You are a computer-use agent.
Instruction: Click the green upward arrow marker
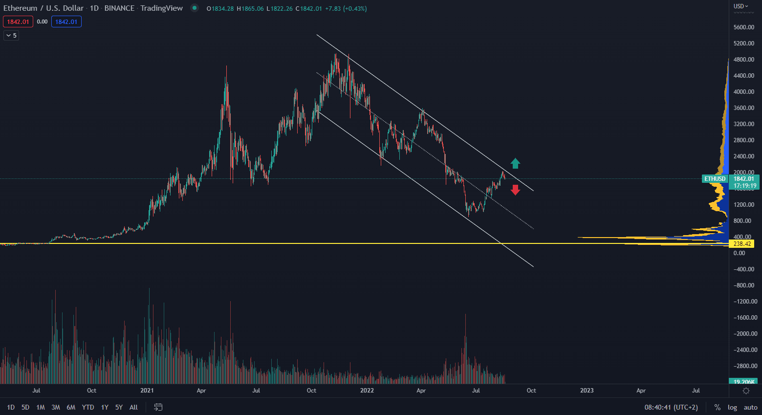[x=515, y=163]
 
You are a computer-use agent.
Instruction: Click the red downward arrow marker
[x=515, y=190]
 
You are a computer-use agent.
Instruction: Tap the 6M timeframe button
[x=71, y=407]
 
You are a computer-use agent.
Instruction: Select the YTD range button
[x=88, y=407]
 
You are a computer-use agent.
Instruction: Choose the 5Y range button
[x=119, y=407]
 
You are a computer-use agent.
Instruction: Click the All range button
[x=133, y=407]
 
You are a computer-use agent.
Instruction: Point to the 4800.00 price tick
[x=743, y=60]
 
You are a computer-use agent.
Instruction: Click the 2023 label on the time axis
[x=587, y=391]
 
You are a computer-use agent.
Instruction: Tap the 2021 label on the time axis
[x=147, y=391]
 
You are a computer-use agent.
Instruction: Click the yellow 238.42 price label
[x=742, y=244]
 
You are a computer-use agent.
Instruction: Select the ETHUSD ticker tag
[x=715, y=179]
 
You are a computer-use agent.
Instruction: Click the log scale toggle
[x=732, y=407]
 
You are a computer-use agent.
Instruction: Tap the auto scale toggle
[x=750, y=407]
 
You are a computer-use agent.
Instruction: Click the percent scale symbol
[x=717, y=407]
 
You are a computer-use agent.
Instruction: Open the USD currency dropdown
[x=740, y=6]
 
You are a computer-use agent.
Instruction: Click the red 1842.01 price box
[x=18, y=22]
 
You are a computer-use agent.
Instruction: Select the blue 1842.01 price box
[x=66, y=22]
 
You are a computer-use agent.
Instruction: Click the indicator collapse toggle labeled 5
[x=11, y=35]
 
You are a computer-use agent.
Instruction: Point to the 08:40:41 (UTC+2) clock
[x=671, y=407]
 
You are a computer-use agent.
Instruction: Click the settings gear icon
[x=746, y=391]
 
